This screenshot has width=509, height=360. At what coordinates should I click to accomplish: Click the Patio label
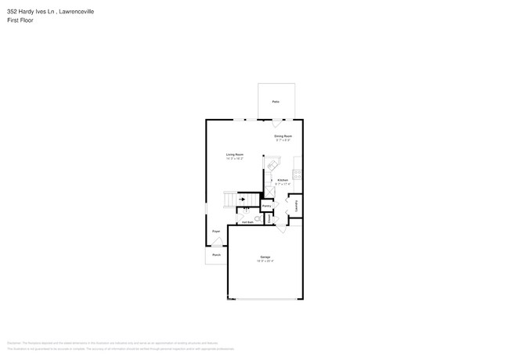[276, 102]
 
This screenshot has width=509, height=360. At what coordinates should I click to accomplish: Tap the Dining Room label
[283, 136]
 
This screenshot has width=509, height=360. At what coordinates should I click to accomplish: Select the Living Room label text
[235, 155]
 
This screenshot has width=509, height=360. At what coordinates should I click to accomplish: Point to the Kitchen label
[283, 180]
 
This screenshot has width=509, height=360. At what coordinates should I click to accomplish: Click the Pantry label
[266, 206]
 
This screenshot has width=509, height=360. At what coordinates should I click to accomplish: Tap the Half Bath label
[247, 222]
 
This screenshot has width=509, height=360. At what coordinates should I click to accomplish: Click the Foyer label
[216, 232]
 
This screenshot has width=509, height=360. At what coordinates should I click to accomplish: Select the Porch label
[216, 254]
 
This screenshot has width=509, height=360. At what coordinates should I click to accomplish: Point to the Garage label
[265, 257]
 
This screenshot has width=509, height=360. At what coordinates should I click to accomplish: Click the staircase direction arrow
[242, 200]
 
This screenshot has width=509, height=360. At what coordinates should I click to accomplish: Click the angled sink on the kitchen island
[274, 165]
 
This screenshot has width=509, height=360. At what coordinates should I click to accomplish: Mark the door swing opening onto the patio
[276, 123]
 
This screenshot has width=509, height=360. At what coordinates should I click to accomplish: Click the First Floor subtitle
[19, 20]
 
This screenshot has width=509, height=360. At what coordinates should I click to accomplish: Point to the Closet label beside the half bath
[269, 219]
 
